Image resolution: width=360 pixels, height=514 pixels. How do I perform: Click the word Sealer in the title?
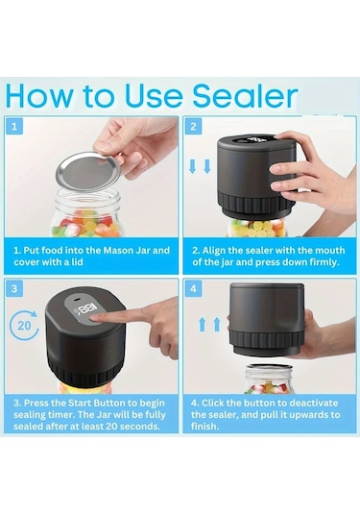245,96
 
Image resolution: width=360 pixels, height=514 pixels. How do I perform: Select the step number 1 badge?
14,126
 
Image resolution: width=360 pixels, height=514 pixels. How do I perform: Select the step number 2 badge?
193,126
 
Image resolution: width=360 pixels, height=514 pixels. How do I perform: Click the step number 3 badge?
14,289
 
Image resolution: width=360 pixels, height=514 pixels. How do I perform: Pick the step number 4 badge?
193,289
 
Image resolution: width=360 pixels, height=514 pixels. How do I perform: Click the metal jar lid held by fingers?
88,171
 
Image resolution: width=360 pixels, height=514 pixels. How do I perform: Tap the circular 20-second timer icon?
24,325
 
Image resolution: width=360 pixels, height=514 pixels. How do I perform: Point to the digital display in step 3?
86,309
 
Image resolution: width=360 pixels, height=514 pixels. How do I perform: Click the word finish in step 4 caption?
204,427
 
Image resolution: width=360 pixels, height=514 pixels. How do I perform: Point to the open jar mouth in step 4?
268,367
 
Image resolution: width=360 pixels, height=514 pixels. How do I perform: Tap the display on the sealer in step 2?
252,140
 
